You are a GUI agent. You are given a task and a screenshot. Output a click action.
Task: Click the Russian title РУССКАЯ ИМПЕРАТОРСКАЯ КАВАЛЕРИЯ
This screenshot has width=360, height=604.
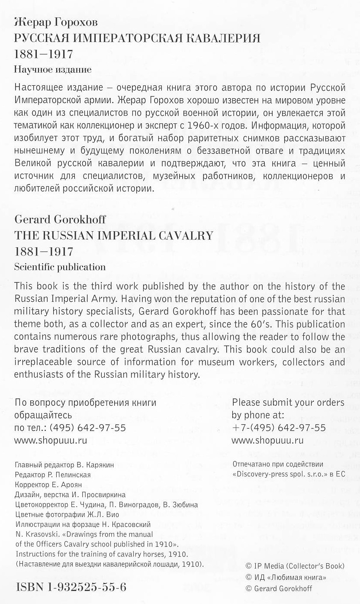point(137,38)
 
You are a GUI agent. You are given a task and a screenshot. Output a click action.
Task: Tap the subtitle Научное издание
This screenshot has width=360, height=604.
point(53,69)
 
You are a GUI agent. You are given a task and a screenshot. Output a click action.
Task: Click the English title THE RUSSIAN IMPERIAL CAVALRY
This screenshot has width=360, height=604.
point(114,236)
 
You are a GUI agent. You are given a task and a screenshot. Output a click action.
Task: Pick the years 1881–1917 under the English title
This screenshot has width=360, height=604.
point(44,252)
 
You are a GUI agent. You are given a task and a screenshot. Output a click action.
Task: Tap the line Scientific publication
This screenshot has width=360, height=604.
point(60,267)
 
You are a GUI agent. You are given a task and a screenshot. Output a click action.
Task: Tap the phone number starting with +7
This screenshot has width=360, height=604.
point(279,428)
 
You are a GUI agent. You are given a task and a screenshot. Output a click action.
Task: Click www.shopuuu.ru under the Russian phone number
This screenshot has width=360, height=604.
point(51,441)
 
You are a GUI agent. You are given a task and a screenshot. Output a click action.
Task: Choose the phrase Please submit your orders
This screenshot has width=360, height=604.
point(288,403)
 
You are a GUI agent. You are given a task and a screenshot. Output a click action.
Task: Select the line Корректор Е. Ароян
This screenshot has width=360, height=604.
point(48,484)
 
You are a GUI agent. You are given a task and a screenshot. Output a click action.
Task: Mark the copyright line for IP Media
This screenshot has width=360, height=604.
point(295,566)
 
